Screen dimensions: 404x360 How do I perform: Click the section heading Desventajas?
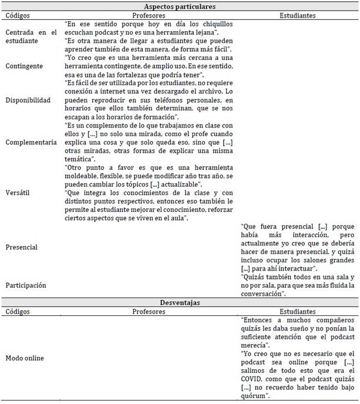click(180, 302)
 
